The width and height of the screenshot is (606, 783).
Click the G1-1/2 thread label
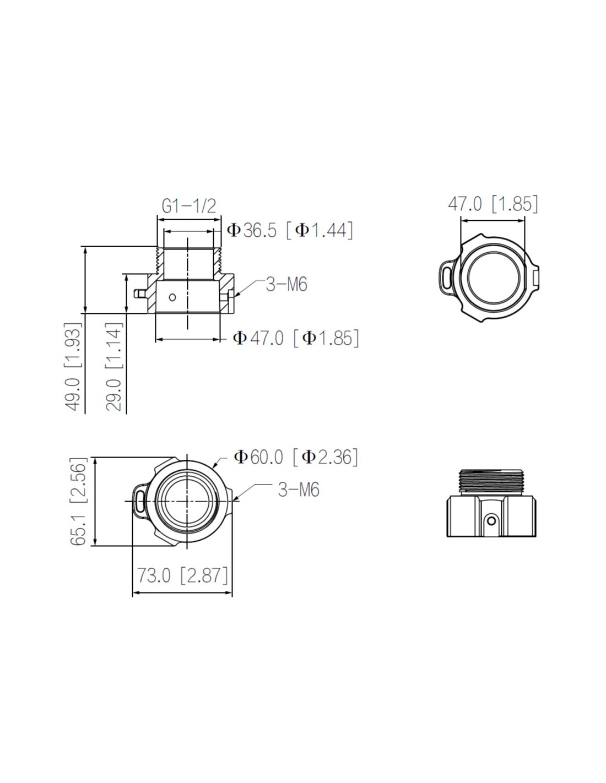point(188,206)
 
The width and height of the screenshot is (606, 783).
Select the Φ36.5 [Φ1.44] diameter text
point(289,230)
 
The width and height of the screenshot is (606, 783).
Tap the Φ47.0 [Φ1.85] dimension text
point(296,338)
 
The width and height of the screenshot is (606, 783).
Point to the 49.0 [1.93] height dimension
point(74,366)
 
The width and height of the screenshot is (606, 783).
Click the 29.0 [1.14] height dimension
point(115,366)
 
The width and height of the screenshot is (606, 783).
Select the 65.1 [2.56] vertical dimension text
point(78,501)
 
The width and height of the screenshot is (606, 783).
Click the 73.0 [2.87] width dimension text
point(182,575)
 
